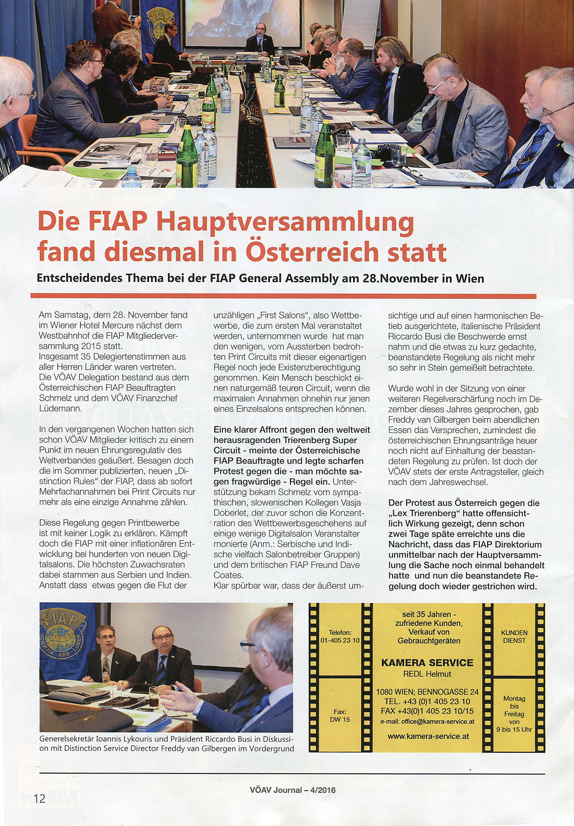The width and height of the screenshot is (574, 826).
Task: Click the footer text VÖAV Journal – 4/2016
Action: point(293,790)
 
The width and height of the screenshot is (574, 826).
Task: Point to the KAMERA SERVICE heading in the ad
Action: point(427,663)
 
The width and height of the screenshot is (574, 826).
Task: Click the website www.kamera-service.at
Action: point(428,736)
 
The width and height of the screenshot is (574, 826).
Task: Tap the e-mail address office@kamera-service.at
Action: point(427,722)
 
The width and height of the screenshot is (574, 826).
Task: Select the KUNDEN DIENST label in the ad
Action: point(514,636)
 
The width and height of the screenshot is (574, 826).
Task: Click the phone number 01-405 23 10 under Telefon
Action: point(340,640)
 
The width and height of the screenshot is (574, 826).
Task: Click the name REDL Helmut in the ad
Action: point(427,674)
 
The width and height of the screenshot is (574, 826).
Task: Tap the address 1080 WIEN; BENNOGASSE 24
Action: point(427,692)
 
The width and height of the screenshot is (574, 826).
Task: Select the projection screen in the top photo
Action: point(241,21)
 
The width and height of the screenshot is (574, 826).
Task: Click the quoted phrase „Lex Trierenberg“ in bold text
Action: point(422,514)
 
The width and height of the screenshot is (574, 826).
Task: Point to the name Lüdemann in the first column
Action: point(60,408)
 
